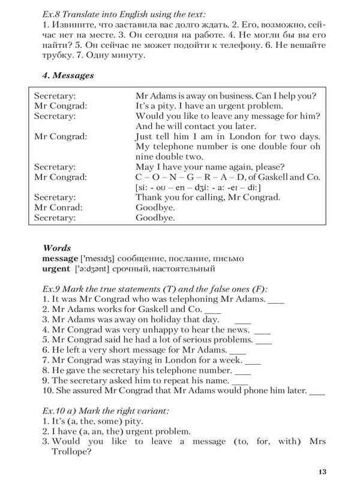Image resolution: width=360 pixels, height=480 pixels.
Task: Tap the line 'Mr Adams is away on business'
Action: point(198,95)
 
